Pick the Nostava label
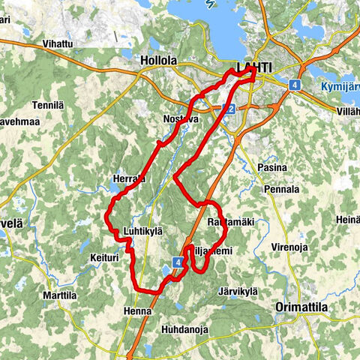(x=180, y=118)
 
